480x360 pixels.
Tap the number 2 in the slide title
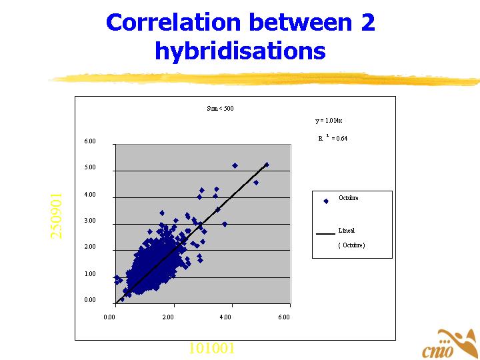(x=367, y=23)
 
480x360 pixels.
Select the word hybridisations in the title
(x=240, y=51)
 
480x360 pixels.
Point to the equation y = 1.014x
(x=329, y=121)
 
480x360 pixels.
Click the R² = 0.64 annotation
(x=333, y=139)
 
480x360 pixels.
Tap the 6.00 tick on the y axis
(x=89, y=141)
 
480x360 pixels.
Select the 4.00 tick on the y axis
(x=89, y=195)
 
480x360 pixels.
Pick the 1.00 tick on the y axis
(x=89, y=274)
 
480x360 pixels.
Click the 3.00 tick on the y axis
(x=89, y=221)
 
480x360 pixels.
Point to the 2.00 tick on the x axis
(x=167, y=317)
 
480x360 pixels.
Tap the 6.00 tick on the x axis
(x=283, y=317)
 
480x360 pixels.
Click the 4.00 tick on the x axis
(x=225, y=317)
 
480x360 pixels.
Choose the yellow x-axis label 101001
(x=211, y=348)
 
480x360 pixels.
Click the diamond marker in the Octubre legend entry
(x=325, y=201)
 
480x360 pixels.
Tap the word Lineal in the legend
(x=347, y=231)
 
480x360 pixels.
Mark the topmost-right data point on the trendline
(x=266, y=165)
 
